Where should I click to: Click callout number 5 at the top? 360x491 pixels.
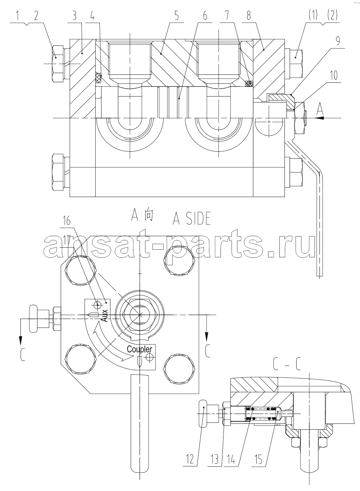coord(177,16)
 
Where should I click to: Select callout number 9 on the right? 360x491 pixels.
coord(338,41)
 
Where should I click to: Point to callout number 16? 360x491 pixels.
coord(67,221)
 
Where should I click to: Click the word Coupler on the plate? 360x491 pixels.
coord(140,349)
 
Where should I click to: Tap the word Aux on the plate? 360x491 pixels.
coord(105,315)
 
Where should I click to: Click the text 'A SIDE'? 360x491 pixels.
coord(192,218)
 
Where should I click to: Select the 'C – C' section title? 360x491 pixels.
coord(287,364)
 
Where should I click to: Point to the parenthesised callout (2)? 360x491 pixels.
coord(332,16)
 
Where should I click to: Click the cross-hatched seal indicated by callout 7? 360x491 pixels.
coord(249,83)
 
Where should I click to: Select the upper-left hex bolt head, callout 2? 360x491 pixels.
coord(58,64)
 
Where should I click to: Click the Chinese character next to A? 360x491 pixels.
coord(148,216)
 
